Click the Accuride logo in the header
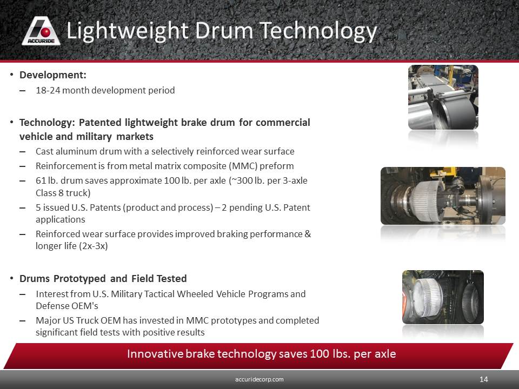(x=41, y=31)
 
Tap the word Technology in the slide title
(x=318, y=32)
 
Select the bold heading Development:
(x=53, y=75)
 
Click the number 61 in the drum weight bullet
(x=41, y=180)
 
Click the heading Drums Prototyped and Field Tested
(x=103, y=279)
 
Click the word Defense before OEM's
(x=52, y=306)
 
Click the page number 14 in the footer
(x=483, y=379)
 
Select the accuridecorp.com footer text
(x=259, y=379)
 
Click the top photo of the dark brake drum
(x=443, y=97)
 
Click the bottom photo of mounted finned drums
(x=443, y=297)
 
